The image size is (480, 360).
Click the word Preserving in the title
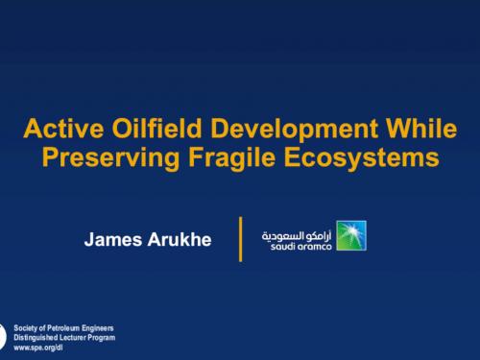tap(105, 156)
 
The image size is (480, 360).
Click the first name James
tap(112, 237)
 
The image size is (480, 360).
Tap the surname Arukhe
tap(179, 237)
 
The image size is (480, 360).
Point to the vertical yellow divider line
tap(240, 238)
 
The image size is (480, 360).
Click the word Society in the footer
tap(28, 328)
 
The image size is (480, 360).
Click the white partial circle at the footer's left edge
tap(3, 337)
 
